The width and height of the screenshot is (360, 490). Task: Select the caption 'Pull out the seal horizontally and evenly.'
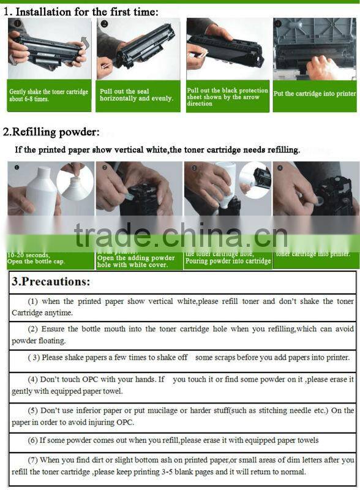pyautogui.click(x=136, y=95)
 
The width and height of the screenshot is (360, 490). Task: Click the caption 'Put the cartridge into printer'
pyautogui.click(x=314, y=94)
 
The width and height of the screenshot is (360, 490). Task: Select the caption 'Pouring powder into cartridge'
pyautogui.click(x=228, y=261)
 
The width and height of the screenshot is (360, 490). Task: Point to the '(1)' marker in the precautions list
pyautogui.click(x=33, y=301)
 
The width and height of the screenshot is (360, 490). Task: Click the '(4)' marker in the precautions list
pyautogui.click(x=33, y=380)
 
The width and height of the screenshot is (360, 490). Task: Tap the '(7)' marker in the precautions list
pyautogui.click(x=33, y=459)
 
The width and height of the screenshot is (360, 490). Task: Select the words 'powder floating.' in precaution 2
pyautogui.click(x=38, y=341)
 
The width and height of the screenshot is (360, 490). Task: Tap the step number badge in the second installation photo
pyautogui.click(x=105, y=23)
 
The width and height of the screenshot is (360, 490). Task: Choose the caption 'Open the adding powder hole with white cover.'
pyautogui.click(x=136, y=262)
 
